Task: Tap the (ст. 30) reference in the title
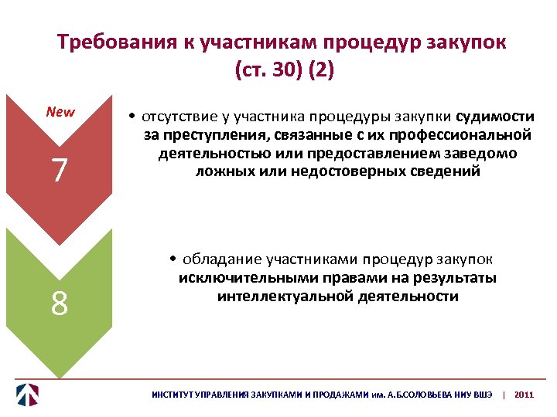[268, 70]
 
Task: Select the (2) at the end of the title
[320, 70]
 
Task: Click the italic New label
[60, 112]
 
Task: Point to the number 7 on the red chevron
[60, 171]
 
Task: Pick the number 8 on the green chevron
[60, 303]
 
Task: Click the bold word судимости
[495, 117]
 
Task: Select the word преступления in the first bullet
[207, 136]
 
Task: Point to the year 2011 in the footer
[524, 395]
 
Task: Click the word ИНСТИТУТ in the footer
[172, 395]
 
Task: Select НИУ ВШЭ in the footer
[473, 395]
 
